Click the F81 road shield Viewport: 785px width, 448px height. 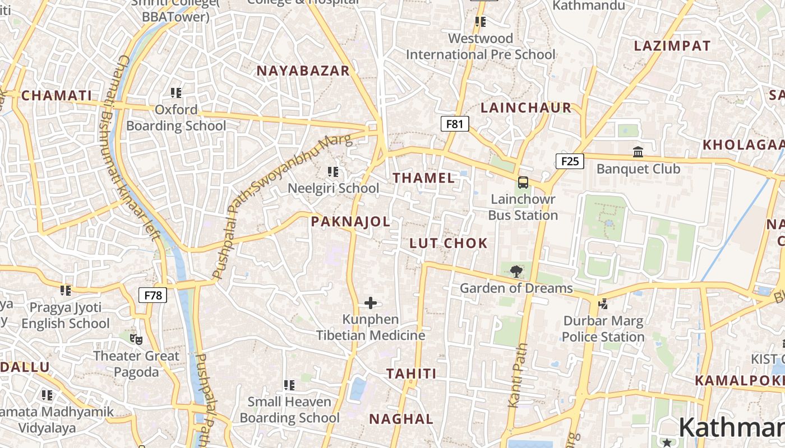click(454, 124)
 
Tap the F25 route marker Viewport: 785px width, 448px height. click(570, 161)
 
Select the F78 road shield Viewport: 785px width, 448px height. click(153, 295)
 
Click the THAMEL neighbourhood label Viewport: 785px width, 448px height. click(423, 178)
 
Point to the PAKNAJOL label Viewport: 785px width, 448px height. click(350, 221)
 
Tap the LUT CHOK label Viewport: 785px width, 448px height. click(449, 243)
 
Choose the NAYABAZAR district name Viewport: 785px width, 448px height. click(303, 71)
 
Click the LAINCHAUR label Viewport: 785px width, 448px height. click(526, 108)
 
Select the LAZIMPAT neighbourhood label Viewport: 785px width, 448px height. click(672, 46)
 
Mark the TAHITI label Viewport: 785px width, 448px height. click(411, 374)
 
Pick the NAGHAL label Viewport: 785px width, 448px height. click(401, 419)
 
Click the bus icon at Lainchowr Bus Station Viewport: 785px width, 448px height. click(523, 183)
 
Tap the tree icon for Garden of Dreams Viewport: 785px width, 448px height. click(516, 272)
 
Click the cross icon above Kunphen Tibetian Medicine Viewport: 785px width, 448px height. click(371, 303)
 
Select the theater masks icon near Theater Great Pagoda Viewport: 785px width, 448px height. click(136, 339)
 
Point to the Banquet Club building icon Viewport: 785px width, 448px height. click(638, 152)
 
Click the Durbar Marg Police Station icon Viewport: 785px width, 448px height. click(603, 304)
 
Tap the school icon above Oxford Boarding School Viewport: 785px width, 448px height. click(176, 92)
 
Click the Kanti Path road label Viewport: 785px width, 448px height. click(518, 375)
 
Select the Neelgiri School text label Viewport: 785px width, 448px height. click(333, 188)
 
